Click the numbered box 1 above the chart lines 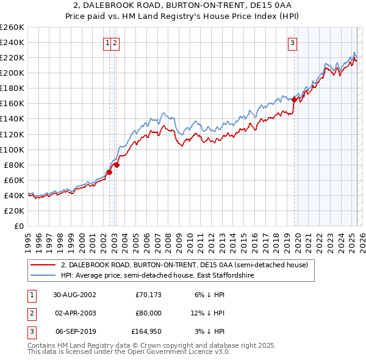click(x=107, y=43)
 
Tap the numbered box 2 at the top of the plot click(x=115, y=43)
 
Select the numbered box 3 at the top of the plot click(x=293, y=43)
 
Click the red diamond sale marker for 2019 click(x=294, y=99)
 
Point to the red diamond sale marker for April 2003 click(x=117, y=164)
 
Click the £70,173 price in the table click(x=148, y=295)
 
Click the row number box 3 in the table click(x=30, y=331)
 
